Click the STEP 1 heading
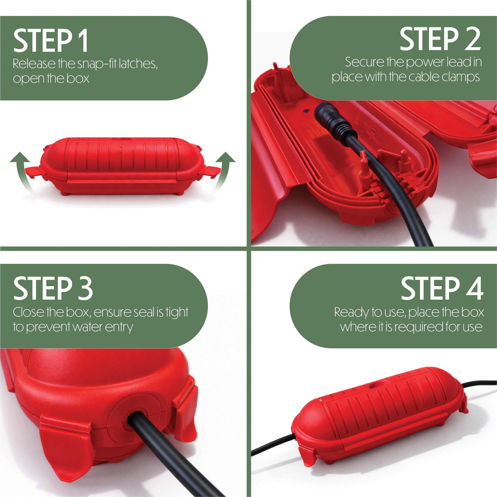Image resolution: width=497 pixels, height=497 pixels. pos(51,40)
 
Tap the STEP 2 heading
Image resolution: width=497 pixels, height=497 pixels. pos(440,39)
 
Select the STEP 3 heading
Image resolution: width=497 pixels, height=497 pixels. pos(53,288)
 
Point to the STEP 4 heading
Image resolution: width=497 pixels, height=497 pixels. pos(442,288)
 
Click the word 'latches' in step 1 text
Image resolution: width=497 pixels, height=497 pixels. pos(138,64)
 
